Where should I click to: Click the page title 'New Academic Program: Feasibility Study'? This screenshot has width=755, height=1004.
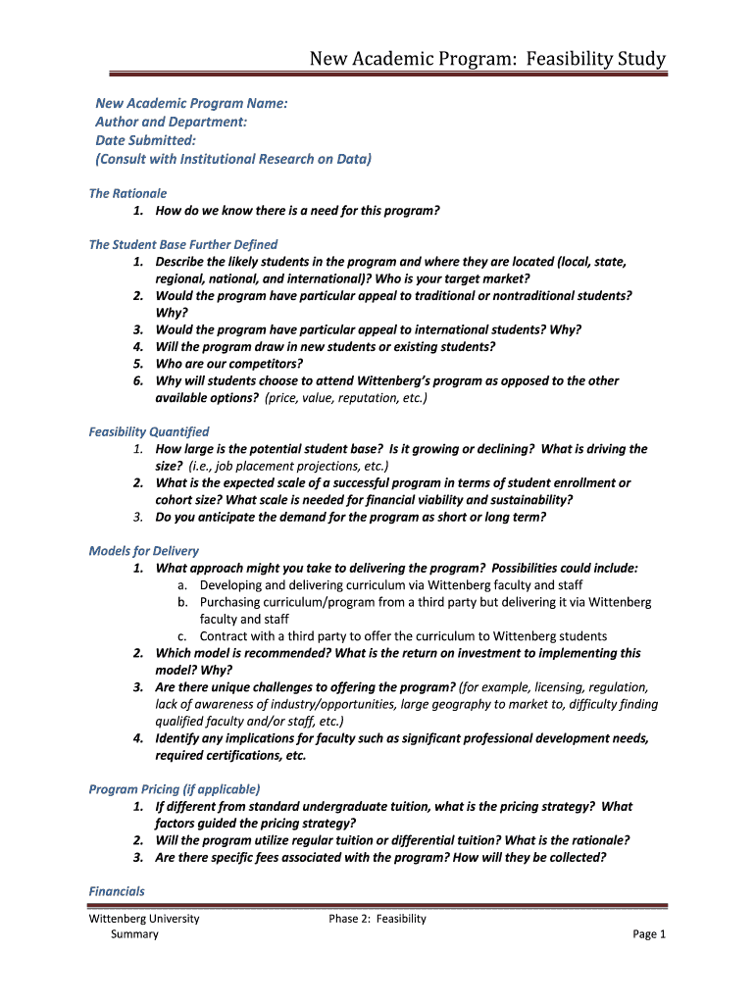pos(487,60)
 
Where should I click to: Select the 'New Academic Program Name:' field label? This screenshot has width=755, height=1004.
pos(191,103)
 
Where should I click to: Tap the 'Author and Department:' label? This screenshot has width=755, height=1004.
pos(171,122)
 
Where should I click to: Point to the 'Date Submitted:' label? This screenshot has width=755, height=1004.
pos(145,140)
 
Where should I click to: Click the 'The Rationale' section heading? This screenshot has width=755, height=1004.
pos(127,193)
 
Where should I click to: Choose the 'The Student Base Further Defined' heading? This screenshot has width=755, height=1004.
pos(183,244)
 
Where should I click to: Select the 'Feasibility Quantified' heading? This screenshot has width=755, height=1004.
pos(149,431)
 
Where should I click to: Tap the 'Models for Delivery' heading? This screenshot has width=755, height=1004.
pos(144,551)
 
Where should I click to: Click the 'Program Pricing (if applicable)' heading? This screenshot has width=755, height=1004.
pos(175,788)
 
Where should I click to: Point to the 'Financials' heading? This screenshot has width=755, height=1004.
pos(117,891)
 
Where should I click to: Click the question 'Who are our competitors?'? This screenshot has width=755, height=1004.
pos(229,363)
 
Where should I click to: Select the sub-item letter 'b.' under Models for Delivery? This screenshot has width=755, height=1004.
pos(183,602)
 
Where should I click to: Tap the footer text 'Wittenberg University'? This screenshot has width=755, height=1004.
pos(144,919)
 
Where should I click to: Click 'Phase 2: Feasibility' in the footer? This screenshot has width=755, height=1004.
pos(377,919)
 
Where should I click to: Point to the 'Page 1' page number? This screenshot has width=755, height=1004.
pos(649,934)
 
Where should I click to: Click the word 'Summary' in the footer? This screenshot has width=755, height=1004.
pos(134,934)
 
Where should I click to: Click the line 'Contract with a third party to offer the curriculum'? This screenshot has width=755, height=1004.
pos(403,636)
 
